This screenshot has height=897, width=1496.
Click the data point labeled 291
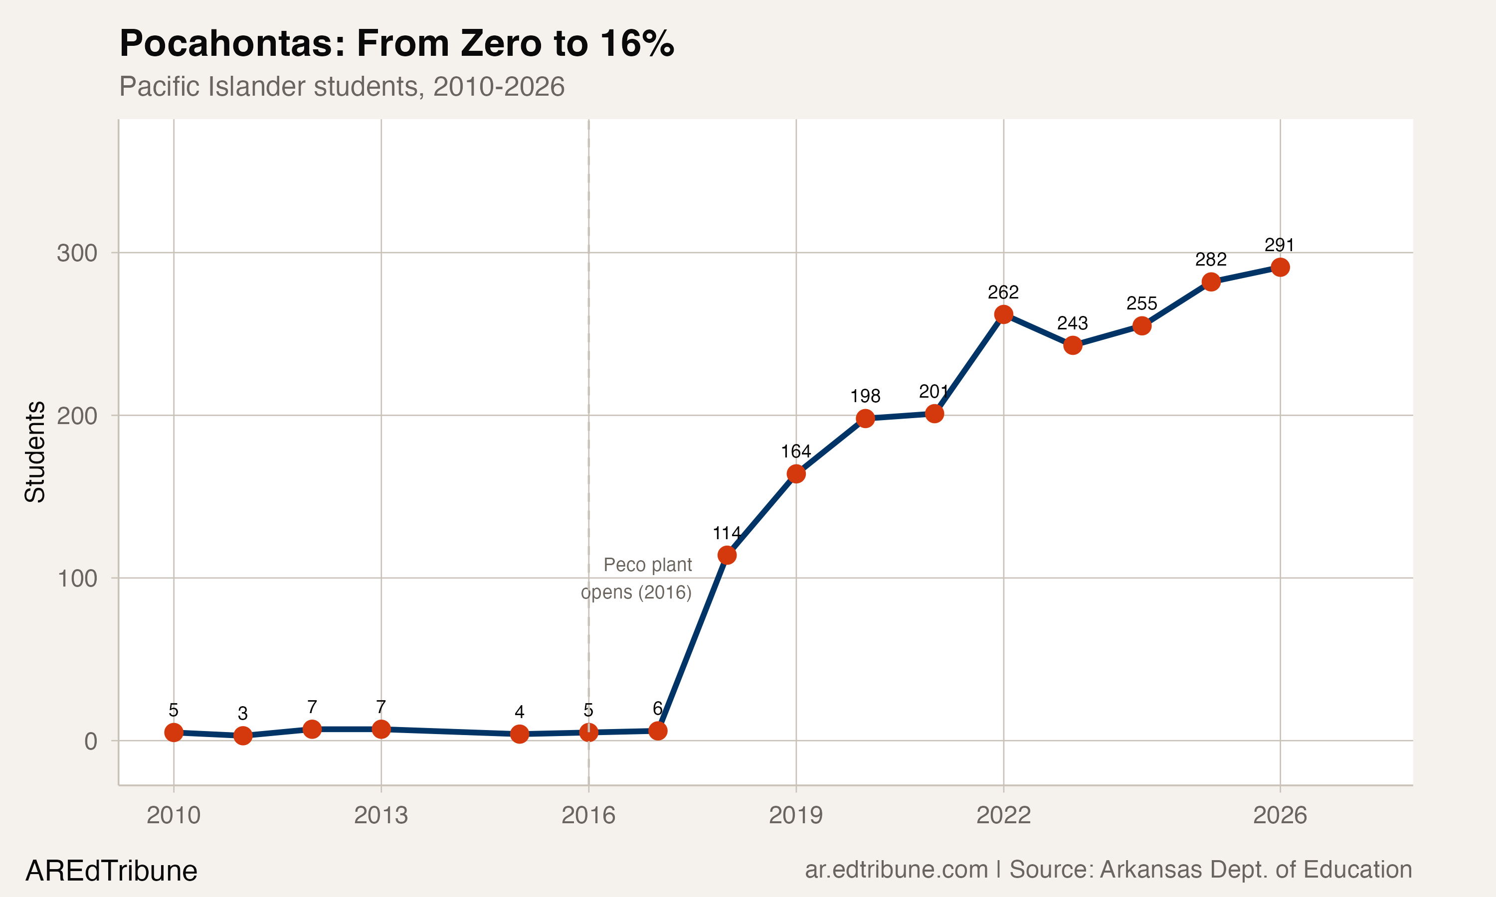1280,267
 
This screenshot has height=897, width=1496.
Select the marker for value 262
1003,314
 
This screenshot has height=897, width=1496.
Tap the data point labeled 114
727,555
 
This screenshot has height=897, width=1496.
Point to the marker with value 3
242,736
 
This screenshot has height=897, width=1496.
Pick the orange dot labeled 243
1072,345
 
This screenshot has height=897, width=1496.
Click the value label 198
865,396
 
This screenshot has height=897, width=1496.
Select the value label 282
1211,259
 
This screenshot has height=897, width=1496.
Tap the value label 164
796,451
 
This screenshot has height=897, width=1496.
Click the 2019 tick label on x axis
796,815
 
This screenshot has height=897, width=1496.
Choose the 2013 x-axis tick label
381,815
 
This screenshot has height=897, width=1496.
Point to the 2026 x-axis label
1280,815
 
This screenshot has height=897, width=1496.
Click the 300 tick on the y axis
77,253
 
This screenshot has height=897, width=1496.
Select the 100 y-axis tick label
77,579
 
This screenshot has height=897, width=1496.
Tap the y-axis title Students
35,451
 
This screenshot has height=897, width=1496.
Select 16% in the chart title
637,43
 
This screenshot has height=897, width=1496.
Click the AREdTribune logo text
111,871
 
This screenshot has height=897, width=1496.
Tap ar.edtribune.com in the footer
896,870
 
